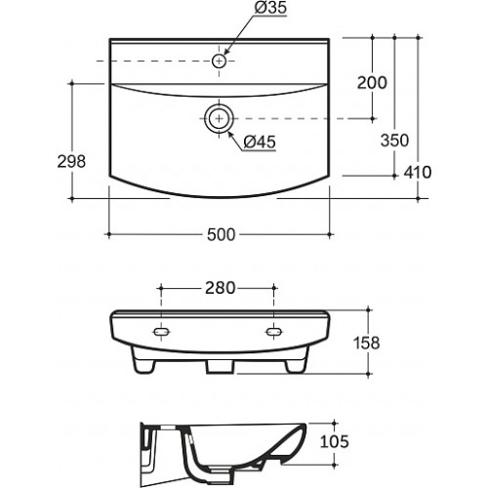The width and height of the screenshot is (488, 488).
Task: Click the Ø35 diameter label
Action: pos(270,8)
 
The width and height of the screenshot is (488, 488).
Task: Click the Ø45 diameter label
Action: pos(260,142)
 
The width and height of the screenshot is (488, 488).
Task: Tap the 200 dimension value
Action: pos(372,82)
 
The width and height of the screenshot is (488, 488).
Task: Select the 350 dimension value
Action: pos(394,141)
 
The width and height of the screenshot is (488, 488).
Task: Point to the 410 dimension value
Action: pos(418,172)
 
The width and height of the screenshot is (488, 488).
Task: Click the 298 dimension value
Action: pos(71,161)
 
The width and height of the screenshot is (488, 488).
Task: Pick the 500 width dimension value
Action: pos(221,234)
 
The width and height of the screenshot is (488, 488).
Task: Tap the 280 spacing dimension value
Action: pos(220,288)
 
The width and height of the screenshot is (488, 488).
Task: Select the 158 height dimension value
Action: pos(367,343)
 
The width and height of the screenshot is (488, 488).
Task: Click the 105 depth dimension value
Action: pos(335,441)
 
